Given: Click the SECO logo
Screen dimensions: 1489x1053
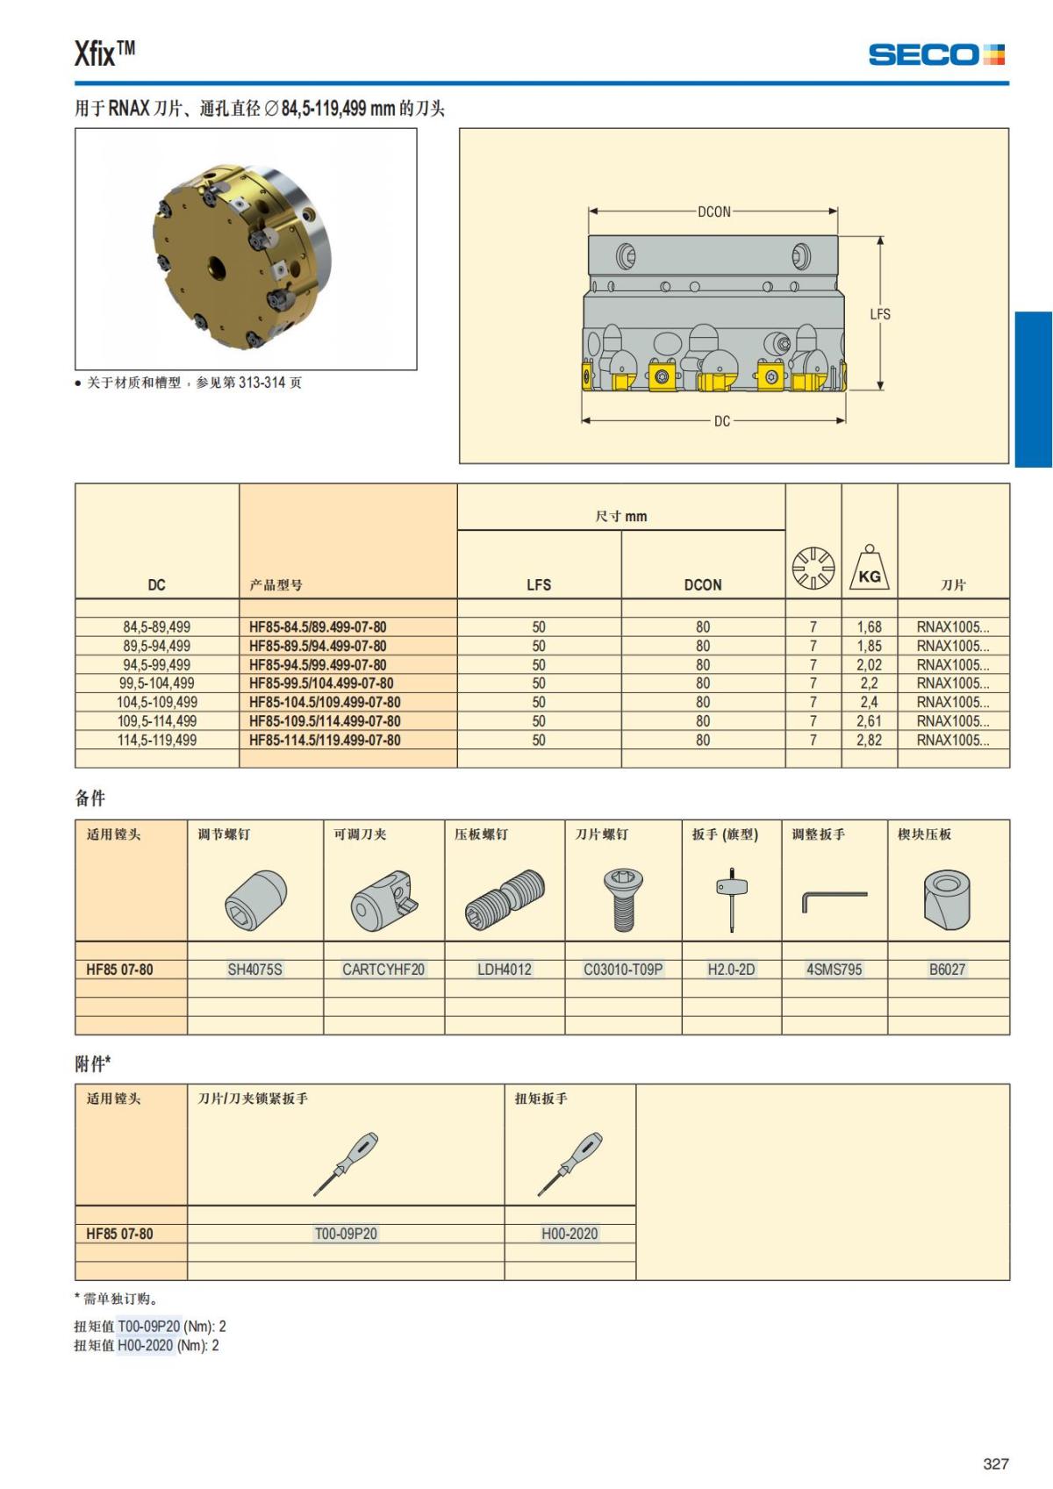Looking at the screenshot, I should coord(935,54).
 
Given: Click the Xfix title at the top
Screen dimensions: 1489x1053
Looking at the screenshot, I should coord(104,54).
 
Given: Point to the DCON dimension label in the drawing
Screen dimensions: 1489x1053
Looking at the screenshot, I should coord(713,211).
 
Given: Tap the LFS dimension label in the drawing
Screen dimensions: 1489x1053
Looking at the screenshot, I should coord(879,314).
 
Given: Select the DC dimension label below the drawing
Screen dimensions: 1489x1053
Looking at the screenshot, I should coord(721,421).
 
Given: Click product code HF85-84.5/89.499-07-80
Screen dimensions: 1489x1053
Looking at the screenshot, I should coord(318,627).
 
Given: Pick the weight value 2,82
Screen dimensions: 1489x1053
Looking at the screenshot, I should coord(869,741).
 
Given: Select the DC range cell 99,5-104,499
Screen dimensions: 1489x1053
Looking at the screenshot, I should coord(157,684).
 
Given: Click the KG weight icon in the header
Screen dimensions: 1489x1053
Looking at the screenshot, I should coord(869,568).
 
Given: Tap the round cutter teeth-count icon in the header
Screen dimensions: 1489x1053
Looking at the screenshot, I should coord(813,568).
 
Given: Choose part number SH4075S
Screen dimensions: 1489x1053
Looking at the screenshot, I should coord(254,970).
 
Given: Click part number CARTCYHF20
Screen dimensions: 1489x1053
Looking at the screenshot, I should coord(383,970).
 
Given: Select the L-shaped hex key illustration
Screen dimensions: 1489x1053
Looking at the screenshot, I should coord(834,900).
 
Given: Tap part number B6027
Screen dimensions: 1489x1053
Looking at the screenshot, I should coord(947,970).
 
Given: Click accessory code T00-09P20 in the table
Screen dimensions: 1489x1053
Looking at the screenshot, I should coord(346,1234).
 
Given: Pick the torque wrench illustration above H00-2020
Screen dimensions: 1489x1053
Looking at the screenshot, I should coord(569,1164).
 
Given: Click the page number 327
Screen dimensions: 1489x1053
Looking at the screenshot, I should coord(996,1464).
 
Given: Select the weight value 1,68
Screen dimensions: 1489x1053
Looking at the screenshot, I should coord(869,627).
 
